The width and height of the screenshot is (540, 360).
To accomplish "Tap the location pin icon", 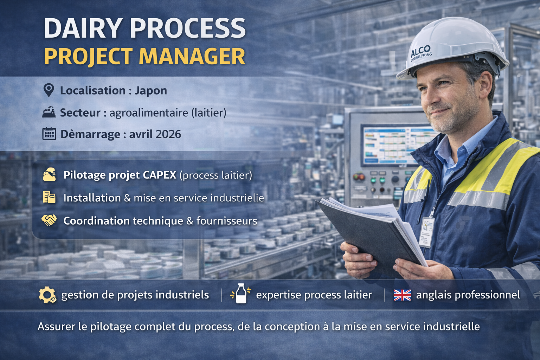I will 49,90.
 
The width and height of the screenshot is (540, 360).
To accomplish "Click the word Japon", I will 150,91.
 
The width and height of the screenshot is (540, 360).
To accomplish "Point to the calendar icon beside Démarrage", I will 49,134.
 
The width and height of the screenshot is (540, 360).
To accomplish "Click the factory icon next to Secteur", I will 49,112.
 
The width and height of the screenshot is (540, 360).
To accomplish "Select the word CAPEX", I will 160,175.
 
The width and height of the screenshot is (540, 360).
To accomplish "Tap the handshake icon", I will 49,220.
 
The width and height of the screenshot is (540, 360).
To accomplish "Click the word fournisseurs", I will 227,221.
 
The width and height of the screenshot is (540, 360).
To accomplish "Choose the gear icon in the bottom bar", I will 47,295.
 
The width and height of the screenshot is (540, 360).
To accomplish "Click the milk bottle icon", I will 241,294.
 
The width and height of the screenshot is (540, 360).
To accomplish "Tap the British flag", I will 402,295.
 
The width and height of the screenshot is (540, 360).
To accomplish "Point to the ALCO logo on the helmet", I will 421,52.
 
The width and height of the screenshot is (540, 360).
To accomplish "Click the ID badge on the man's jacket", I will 426,232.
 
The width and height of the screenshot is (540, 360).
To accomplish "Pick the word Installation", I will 92,198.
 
